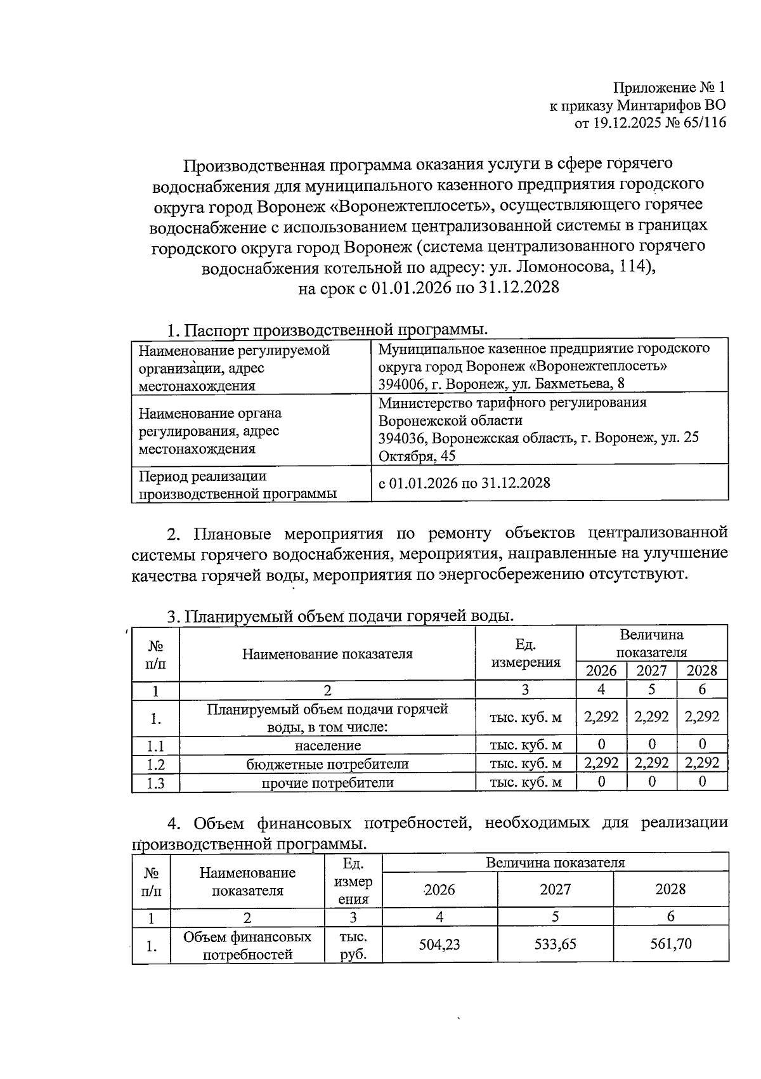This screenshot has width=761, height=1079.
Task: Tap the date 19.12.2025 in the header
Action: [624, 123]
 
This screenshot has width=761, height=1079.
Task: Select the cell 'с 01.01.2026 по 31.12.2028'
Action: [465, 483]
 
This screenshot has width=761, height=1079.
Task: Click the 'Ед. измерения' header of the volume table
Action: [526, 653]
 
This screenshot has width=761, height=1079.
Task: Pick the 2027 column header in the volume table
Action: [651, 670]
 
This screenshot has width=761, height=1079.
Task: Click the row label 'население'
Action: [327, 745]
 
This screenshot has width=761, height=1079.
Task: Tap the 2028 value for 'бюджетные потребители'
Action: [702, 763]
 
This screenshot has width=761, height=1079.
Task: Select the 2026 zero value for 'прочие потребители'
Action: [601, 781]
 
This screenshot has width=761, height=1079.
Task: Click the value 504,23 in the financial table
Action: [439, 944]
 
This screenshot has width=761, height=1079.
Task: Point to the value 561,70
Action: [670, 944]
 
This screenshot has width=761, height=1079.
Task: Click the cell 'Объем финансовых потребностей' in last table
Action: [247, 945]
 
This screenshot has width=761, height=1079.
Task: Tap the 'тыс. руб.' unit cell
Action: [353, 945]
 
